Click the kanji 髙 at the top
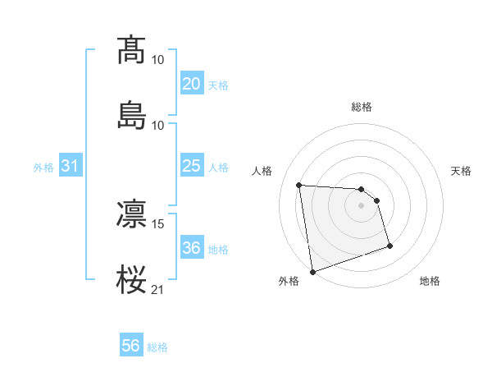pyautogui.click(x=132, y=49)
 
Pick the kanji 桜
pyautogui.click(x=132, y=279)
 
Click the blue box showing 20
pyautogui.click(x=191, y=84)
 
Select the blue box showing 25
pyautogui.click(x=191, y=166)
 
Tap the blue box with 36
pyautogui.click(x=191, y=248)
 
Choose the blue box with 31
pyautogui.click(x=70, y=166)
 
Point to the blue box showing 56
pyautogui.click(x=131, y=347)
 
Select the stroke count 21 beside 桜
pyautogui.click(x=158, y=289)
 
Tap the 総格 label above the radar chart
pyautogui.click(x=362, y=107)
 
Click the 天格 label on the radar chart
pyautogui.click(x=461, y=171)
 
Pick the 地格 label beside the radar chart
pyautogui.click(x=430, y=281)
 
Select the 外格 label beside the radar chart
pyautogui.click(x=289, y=281)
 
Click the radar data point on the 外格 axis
pyautogui.click(x=312, y=271)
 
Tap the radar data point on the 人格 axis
pyautogui.click(x=299, y=185)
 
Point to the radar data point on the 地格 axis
pyautogui.click(x=389, y=246)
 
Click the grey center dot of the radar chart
pyautogui.click(x=362, y=205)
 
